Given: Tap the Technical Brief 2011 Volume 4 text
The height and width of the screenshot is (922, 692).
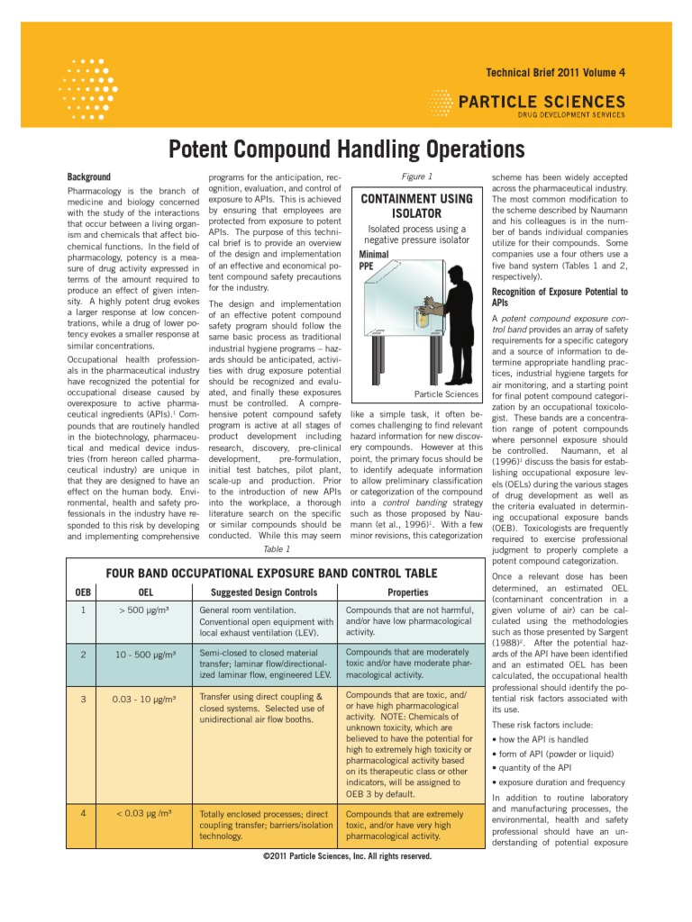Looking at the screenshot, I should (x=555, y=72).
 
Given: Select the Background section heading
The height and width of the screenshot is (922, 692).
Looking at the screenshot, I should (x=89, y=177).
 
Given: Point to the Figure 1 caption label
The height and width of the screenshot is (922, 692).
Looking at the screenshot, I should (x=416, y=177).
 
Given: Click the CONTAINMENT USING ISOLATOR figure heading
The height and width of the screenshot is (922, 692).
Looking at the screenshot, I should (x=416, y=205).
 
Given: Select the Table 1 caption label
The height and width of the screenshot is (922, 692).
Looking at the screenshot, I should (x=276, y=548).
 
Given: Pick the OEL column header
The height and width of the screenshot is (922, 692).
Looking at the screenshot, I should (x=145, y=592).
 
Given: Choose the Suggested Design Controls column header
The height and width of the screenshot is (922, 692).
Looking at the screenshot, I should (x=264, y=592).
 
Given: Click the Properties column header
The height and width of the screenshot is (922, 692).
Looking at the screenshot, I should (x=407, y=592).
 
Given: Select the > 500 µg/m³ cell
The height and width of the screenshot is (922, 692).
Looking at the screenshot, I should (x=145, y=610).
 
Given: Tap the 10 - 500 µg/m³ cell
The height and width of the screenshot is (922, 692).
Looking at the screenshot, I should (x=145, y=654).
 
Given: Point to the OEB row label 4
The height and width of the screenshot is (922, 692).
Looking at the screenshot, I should (x=82, y=812).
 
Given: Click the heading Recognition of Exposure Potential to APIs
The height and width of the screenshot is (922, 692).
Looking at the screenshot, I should (x=559, y=297).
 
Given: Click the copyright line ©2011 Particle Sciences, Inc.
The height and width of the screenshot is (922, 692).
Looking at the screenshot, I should (x=346, y=856).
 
